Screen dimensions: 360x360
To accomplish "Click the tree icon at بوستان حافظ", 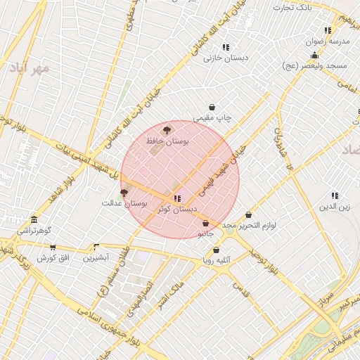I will click(166, 130).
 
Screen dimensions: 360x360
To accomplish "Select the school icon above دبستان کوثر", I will click(176, 198).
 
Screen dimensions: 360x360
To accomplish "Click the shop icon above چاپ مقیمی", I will click(212, 107).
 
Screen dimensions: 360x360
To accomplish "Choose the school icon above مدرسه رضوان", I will click(328, 30).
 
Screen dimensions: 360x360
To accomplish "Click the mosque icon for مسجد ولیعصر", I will click(314, 55).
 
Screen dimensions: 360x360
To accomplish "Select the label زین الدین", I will click(335, 207).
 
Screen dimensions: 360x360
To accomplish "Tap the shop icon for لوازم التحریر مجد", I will click(248, 215).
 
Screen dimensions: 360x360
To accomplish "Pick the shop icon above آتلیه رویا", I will click(216, 250).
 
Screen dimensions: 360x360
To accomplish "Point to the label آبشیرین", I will click(96, 257).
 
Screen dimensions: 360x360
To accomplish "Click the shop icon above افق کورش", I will click(52, 247).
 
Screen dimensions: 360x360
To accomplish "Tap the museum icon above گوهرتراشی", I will click(34, 219).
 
